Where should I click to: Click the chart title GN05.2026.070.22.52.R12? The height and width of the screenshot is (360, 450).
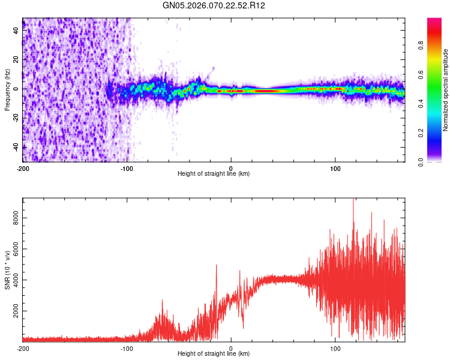point(214,5)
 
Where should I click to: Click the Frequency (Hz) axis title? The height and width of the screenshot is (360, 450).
point(7,90)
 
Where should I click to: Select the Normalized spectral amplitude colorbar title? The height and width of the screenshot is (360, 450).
point(446,90)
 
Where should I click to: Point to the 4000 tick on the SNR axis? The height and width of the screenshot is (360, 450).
point(17,280)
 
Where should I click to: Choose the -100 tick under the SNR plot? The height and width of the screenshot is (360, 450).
point(127,348)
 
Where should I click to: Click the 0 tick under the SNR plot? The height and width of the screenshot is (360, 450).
point(231,348)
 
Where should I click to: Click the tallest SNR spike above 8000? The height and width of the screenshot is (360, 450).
point(353,200)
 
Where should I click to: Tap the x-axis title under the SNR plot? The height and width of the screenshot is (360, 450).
point(214,354)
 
